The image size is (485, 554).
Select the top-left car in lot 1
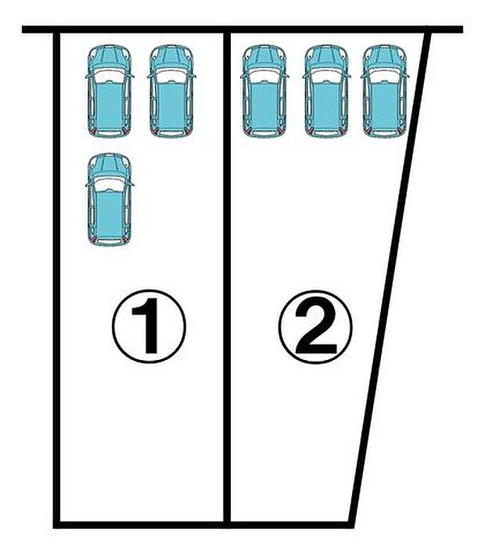(109, 92)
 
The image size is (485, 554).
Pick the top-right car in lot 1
(171, 92)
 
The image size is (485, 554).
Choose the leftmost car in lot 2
(264, 92)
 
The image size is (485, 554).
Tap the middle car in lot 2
(326, 92)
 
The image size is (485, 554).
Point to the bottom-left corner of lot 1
(57, 522)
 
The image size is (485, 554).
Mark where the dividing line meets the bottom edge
(226, 522)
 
